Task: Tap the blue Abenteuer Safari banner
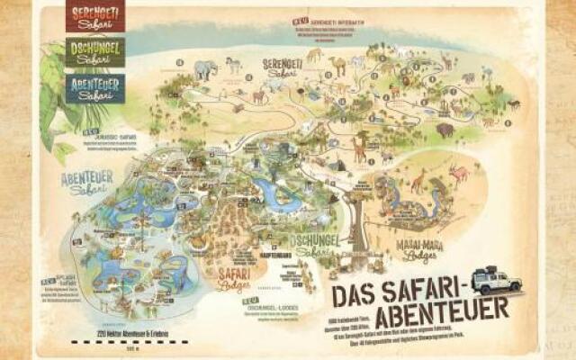(x=94, y=87)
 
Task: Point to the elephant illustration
(x=205, y=68)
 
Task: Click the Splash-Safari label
(x=65, y=282)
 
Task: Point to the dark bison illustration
(x=445, y=130)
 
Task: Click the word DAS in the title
(x=355, y=295)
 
